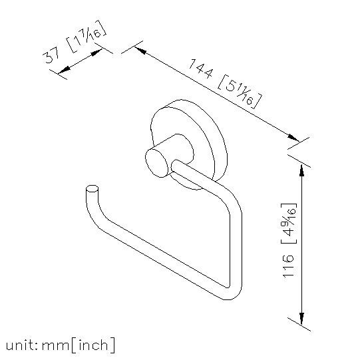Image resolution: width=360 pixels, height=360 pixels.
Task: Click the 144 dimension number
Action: coord(200,69)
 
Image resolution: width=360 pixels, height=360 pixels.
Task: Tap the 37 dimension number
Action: coord(51,57)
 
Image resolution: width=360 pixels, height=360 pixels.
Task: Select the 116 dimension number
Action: coord(288,266)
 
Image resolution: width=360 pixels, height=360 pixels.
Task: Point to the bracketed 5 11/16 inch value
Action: coord(240,92)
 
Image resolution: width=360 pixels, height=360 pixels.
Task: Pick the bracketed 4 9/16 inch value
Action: coord(289,224)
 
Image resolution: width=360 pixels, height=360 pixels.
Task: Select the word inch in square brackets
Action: coord(93,345)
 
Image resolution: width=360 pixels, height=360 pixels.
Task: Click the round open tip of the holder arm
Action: coord(92,188)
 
